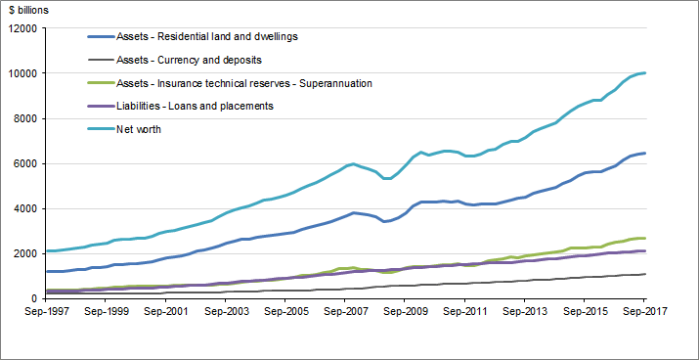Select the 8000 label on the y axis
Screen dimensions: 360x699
(x=22, y=118)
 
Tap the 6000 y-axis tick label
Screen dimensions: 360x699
(x=22, y=163)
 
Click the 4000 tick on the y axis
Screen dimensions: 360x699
(x=22, y=208)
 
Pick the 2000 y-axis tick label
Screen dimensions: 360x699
(x=22, y=253)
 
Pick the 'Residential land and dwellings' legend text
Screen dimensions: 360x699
(x=220, y=37)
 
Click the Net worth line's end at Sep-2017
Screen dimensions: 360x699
(x=645, y=73)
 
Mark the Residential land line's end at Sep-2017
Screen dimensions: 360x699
(x=645, y=153)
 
